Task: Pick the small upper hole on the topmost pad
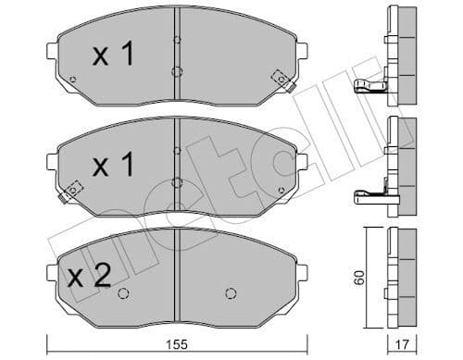tap(176, 40)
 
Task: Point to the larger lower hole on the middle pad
tap(176, 182)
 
